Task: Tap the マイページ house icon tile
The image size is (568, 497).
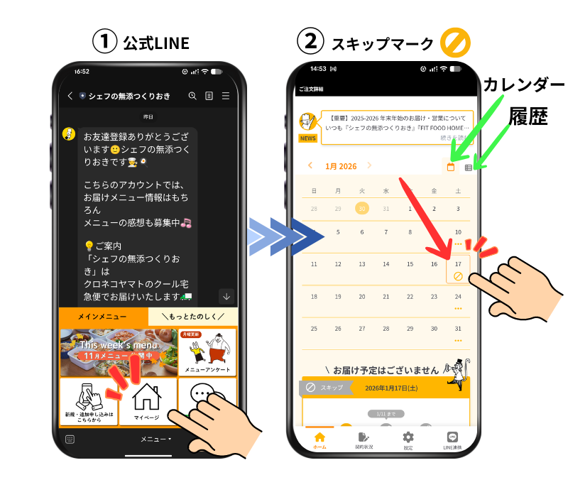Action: (x=147, y=402)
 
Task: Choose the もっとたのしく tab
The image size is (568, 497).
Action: (x=192, y=316)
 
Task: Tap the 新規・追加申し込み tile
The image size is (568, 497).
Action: (x=88, y=402)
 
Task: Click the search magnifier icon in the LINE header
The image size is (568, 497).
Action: (x=192, y=96)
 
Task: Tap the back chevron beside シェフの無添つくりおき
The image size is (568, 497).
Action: (x=70, y=96)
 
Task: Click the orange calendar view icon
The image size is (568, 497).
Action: (x=450, y=167)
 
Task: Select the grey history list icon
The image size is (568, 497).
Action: (x=469, y=168)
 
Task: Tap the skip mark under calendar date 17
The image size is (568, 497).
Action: (x=458, y=275)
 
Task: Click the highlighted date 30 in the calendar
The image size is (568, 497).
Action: (x=362, y=209)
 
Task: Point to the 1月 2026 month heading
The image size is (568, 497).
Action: (x=341, y=166)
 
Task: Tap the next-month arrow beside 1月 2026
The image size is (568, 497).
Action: (x=369, y=166)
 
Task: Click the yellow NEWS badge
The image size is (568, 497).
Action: (x=307, y=138)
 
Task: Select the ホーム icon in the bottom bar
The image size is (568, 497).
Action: (x=319, y=439)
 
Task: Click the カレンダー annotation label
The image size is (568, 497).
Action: (x=524, y=85)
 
